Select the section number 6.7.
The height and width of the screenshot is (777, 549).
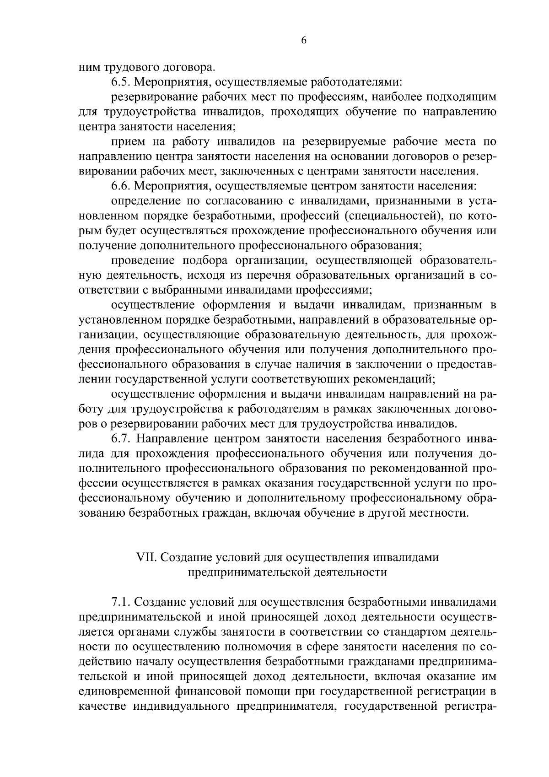click(x=121, y=439)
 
